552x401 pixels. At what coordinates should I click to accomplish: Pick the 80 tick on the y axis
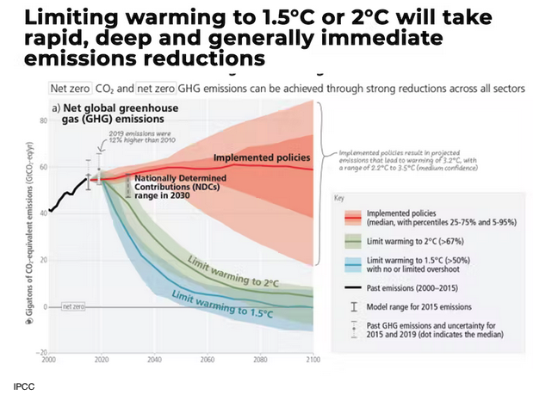pyautogui.click(x=42, y=120)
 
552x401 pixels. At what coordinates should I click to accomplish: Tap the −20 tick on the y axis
pyautogui.click(x=40, y=353)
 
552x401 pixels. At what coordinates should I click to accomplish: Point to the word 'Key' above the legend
pyautogui.click(x=338, y=197)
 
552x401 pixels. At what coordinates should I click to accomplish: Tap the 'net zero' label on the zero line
pyautogui.click(x=71, y=306)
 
